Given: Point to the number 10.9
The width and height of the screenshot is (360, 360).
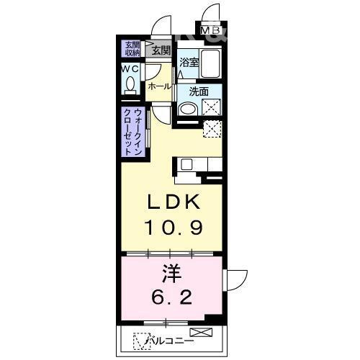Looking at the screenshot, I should point(174,228).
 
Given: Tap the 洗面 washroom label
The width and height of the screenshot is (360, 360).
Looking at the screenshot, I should point(199,91).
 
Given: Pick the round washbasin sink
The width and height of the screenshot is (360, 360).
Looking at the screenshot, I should point(186,110).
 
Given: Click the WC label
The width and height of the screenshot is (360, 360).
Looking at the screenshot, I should point(130,68).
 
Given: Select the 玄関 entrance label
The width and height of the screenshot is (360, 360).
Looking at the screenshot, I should point(161,50).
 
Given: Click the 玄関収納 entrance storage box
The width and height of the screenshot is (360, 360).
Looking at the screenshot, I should point(131,48).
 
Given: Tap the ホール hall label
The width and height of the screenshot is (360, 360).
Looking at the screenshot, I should point(159,86).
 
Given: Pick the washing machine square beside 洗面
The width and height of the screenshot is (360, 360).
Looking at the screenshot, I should point(212,108).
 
